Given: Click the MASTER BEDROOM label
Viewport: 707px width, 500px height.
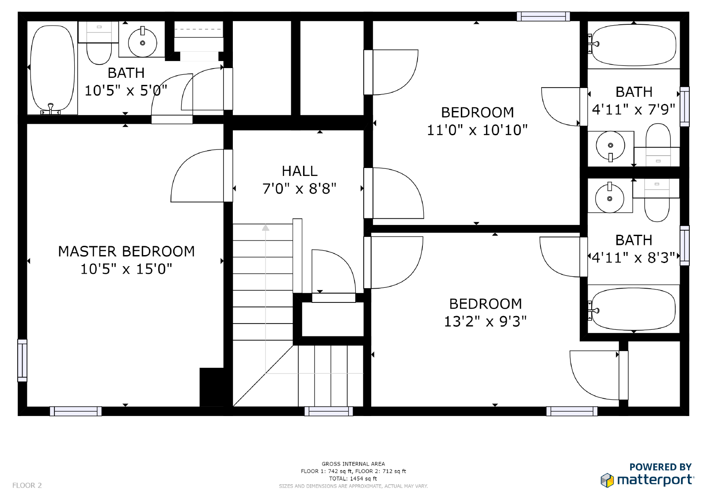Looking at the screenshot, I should (x=126, y=251).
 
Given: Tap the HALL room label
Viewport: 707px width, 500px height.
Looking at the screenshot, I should (x=300, y=171).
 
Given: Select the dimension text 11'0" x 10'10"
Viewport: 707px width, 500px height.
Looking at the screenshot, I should (x=477, y=130).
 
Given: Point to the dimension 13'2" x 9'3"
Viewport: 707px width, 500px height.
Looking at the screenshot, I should (x=485, y=321).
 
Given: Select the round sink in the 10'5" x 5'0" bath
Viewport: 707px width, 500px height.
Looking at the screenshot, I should (x=142, y=43).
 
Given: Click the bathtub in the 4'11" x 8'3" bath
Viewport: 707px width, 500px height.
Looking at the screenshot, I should (x=633, y=309).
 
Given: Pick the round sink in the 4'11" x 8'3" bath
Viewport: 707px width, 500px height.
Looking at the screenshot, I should (x=609, y=198).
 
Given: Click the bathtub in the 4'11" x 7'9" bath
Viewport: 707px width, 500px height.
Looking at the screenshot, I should (x=634, y=45).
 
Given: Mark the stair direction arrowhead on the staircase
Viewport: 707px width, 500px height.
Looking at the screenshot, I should (x=266, y=228).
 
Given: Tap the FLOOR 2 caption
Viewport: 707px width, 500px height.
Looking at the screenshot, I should (x=27, y=485).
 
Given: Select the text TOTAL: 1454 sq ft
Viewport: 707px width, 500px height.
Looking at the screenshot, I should (x=353, y=478).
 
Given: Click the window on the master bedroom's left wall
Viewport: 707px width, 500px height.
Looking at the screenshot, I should (x=22, y=360).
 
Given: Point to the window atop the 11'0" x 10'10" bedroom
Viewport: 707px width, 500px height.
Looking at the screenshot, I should (x=543, y=16).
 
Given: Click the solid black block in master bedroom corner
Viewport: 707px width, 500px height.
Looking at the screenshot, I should (x=212, y=387).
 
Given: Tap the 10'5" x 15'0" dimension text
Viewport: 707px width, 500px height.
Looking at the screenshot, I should (x=126, y=269).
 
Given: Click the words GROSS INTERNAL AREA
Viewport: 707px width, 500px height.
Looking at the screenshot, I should (x=353, y=464).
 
